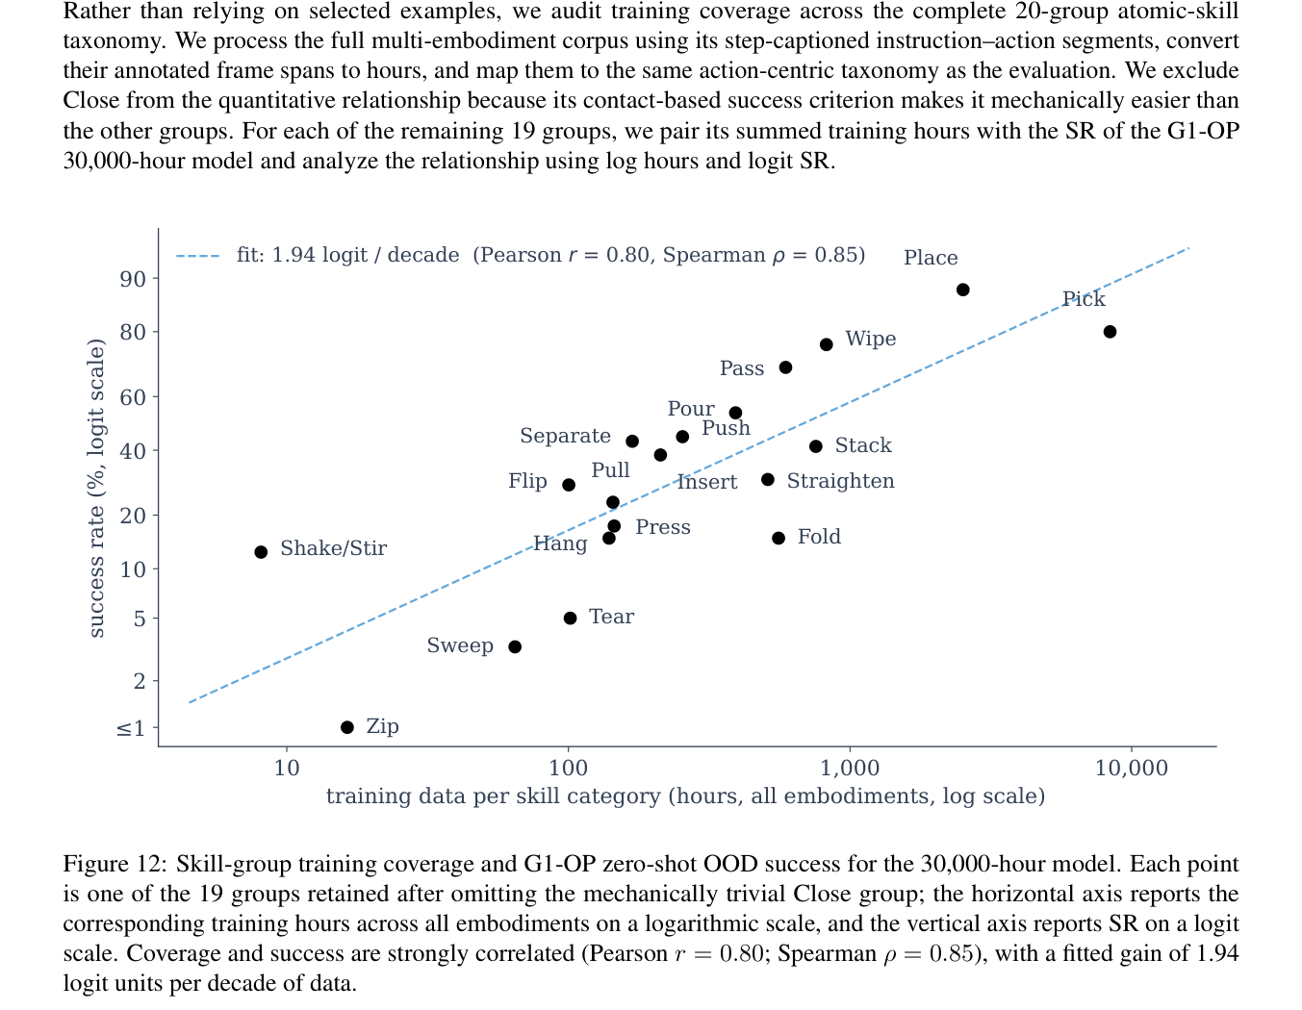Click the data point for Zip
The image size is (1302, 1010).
(x=347, y=727)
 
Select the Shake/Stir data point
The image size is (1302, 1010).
(x=261, y=551)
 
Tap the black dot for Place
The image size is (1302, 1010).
(x=962, y=290)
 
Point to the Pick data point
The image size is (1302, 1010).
(x=1110, y=332)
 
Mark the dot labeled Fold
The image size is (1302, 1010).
(x=778, y=539)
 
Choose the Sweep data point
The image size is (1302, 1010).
(x=514, y=646)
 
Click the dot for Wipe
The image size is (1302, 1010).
(x=826, y=345)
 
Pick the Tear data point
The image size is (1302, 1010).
(x=570, y=618)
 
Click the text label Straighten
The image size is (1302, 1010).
(x=840, y=481)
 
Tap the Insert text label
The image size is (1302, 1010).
(x=707, y=482)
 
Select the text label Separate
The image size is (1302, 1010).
(x=565, y=436)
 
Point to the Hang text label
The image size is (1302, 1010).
(x=560, y=543)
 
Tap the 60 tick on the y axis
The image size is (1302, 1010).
(x=133, y=397)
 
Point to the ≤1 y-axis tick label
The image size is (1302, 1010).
(x=131, y=728)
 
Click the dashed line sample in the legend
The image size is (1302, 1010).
(x=197, y=256)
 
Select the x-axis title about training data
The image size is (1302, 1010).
(x=685, y=796)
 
